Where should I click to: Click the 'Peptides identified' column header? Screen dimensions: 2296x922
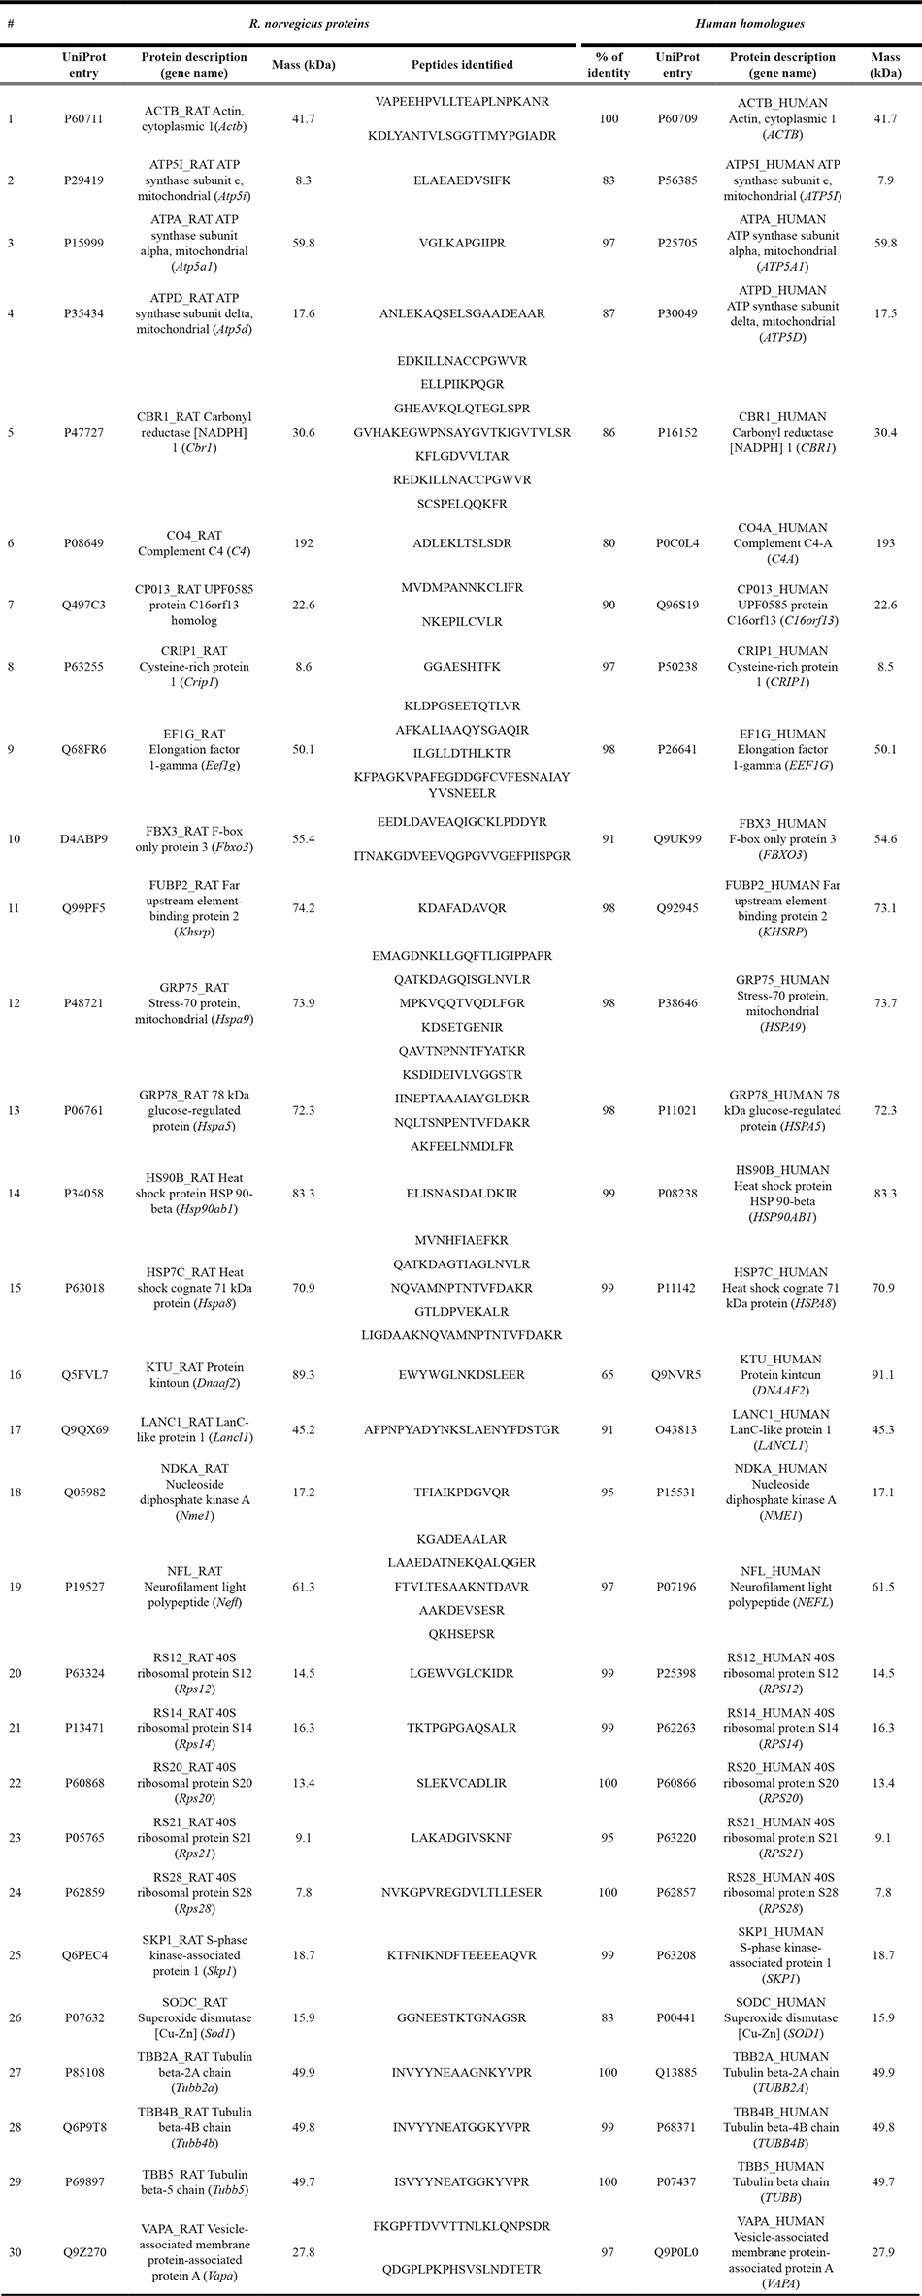point(462,65)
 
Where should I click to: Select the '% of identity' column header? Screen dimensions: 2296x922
point(609,65)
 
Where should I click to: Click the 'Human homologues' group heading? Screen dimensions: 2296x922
point(750,24)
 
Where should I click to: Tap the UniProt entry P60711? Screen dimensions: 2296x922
point(83,118)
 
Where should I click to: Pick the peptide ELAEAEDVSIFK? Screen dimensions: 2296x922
point(462,180)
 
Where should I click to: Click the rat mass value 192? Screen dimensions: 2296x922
point(304,543)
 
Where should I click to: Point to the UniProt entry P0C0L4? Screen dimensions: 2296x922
point(677,543)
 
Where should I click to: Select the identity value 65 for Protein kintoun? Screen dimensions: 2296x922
point(609,1374)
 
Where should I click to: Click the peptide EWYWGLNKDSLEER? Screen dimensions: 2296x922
point(462,1374)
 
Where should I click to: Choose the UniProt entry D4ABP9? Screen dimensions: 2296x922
point(83,838)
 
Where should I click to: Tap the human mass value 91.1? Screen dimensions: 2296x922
point(884,1374)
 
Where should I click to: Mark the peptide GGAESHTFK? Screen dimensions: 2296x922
point(462,667)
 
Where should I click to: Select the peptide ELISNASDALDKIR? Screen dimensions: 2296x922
point(462,1193)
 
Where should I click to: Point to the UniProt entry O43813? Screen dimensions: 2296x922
point(677,1429)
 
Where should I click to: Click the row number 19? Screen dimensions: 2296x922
point(11,1587)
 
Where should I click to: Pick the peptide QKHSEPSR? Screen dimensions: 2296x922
point(462,1634)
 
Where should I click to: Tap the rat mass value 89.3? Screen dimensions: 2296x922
point(304,1374)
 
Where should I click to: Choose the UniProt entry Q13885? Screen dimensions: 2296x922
point(677,2072)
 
